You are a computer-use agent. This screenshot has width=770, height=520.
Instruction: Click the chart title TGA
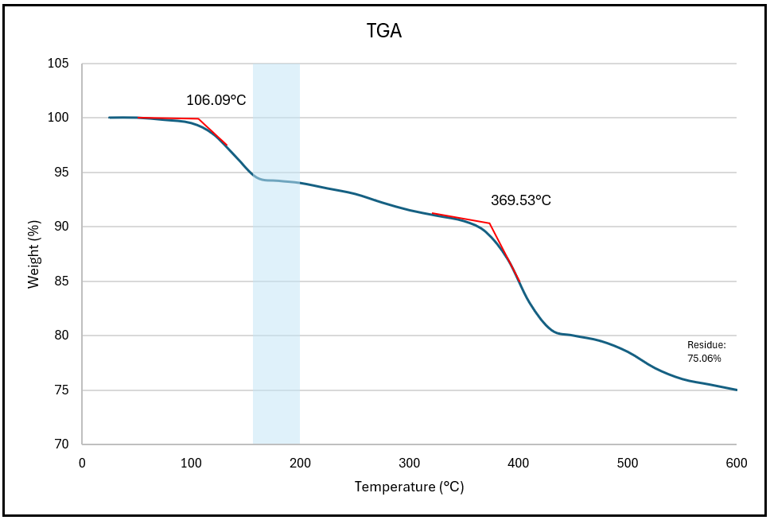click(x=384, y=32)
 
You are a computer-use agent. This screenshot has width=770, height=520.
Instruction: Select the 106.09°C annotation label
click(x=216, y=100)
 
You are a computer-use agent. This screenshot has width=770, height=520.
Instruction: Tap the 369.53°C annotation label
click(x=520, y=200)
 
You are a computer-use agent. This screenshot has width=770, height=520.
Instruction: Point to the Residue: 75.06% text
click(x=705, y=351)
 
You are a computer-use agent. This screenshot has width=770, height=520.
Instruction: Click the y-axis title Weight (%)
click(x=33, y=254)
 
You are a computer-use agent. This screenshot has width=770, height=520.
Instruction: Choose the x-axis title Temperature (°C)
click(x=409, y=487)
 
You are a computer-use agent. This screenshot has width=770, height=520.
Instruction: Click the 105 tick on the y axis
click(x=59, y=64)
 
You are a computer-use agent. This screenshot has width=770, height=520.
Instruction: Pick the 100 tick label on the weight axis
click(x=59, y=118)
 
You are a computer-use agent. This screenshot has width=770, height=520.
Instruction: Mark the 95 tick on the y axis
click(x=62, y=173)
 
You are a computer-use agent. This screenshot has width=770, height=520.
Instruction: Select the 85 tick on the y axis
click(x=62, y=281)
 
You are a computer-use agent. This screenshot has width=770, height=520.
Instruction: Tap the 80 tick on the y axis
click(x=62, y=336)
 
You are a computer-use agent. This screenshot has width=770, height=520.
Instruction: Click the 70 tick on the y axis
click(x=62, y=444)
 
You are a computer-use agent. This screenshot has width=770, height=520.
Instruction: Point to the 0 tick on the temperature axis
click(x=82, y=463)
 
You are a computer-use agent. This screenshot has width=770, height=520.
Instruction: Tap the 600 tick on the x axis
click(x=737, y=463)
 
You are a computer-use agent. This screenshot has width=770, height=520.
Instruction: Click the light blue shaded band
click(x=276, y=254)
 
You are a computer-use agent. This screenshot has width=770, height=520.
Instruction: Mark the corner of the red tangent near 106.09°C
click(x=198, y=118)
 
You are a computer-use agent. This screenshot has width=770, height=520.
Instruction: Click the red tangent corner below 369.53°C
click(x=490, y=223)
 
